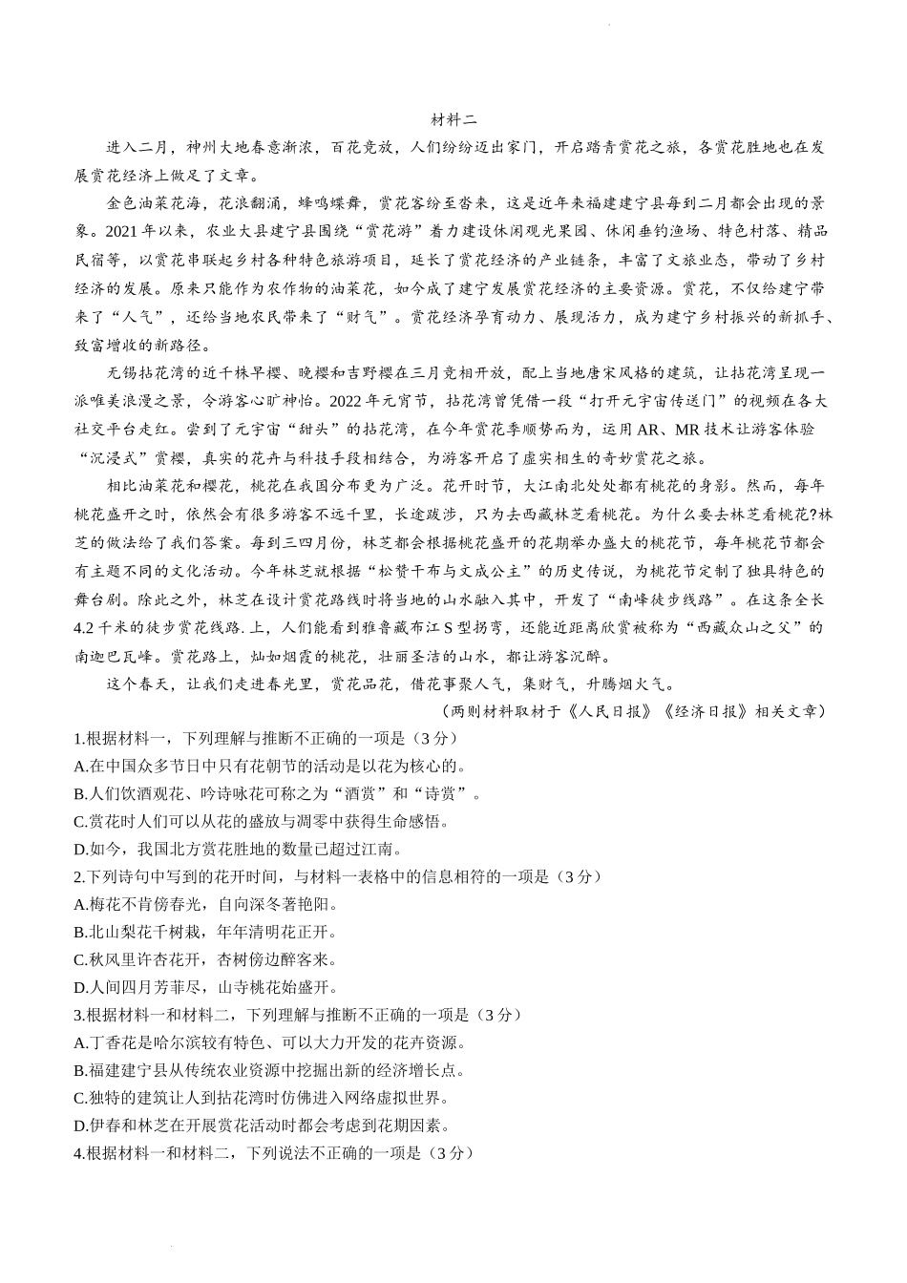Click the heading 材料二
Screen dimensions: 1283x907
(x=453, y=120)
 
